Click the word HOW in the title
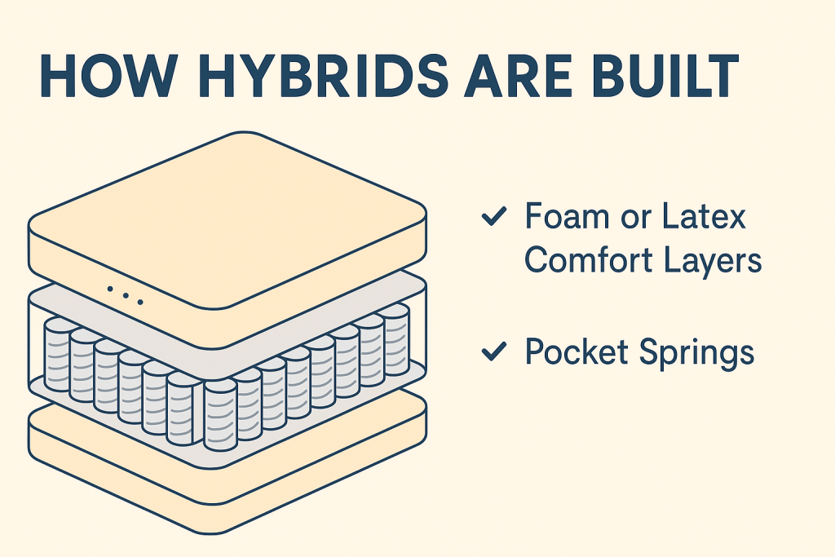pyautogui.click(x=108, y=76)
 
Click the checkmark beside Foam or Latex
pyautogui.click(x=493, y=216)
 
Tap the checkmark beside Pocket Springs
pyautogui.click(x=493, y=351)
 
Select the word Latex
pyautogui.click(x=704, y=216)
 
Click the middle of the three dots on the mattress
pyautogui.click(x=126, y=295)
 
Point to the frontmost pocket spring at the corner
pyautogui.click(x=220, y=415)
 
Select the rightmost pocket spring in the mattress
pyautogui.click(x=395, y=340)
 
